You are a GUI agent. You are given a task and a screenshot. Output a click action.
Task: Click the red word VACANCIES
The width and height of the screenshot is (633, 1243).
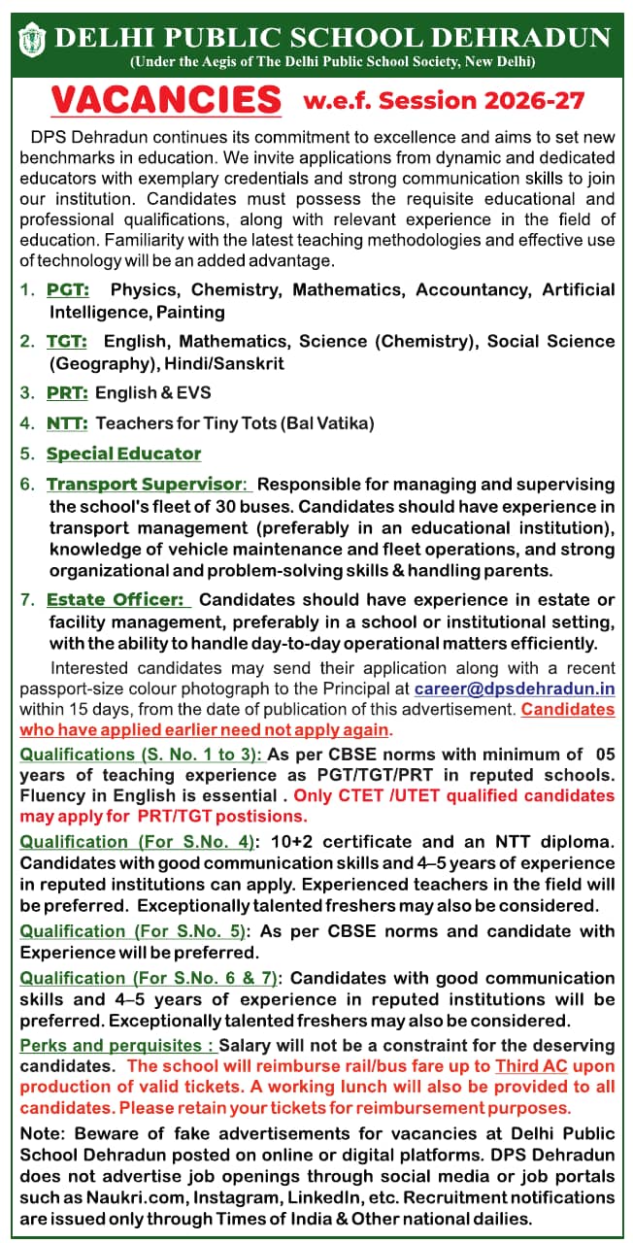[165, 99]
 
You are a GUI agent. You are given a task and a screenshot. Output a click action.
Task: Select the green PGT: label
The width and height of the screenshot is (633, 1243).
[68, 289]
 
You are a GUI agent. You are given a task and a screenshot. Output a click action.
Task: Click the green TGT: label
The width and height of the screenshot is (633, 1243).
[66, 341]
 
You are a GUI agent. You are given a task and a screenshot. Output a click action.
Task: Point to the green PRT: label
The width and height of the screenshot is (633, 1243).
[67, 392]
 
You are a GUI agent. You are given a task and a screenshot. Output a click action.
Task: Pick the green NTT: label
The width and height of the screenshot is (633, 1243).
[67, 422]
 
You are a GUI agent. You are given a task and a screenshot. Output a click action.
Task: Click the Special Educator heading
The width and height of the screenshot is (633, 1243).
[123, 454]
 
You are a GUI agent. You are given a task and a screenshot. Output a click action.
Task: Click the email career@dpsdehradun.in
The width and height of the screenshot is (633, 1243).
[515, 689]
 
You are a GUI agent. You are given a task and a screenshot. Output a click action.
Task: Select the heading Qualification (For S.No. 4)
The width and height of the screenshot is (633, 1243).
[137, 841]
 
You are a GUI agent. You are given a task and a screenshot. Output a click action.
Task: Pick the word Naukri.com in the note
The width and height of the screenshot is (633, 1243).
[103, 1196]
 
